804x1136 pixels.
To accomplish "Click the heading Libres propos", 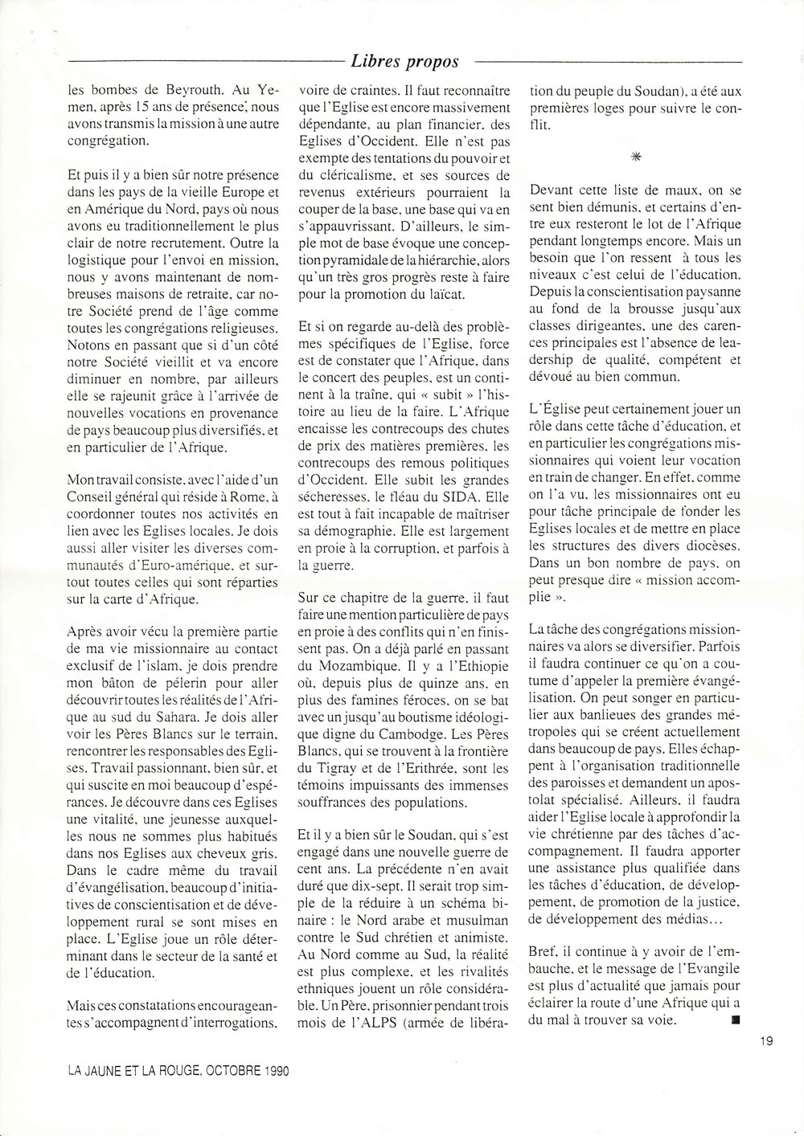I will [405, 61].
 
